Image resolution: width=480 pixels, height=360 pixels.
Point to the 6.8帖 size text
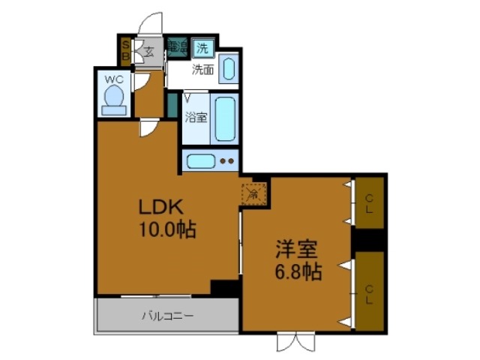pos(297,271)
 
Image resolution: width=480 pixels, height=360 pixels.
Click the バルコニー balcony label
pos(167,316)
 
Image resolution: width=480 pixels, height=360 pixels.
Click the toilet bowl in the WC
pos(115,98)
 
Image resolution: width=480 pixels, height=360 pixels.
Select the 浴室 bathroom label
pos(196,117)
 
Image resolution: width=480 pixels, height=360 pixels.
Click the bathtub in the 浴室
pos(224,118)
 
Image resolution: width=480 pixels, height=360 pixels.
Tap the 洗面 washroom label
pos(202,71)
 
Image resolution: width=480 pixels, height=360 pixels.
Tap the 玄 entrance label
pos(148,52)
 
